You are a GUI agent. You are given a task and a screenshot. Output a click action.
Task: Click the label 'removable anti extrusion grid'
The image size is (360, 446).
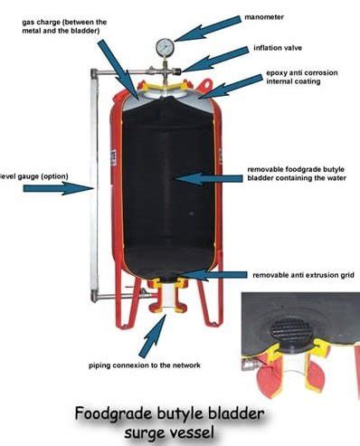pyautogui.click(x=298, y=275)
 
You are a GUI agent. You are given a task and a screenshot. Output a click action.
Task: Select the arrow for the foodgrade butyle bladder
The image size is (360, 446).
pyautogui.click(x=208, y=177)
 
